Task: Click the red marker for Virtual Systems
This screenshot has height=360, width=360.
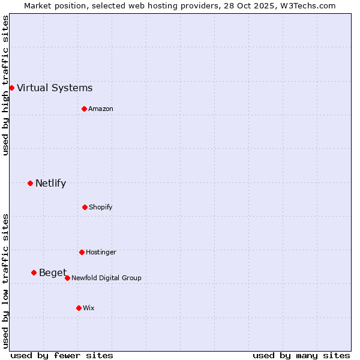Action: click(11, 88)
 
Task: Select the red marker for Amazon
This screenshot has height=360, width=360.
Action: click(84, 109)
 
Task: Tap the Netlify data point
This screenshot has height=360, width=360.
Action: click(30, 183)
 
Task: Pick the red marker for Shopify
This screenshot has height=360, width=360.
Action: click(85, 207)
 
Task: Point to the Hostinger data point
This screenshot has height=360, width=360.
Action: click(82, 252)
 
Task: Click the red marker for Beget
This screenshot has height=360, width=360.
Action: click(34, 272)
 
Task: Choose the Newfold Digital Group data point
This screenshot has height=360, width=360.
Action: click(67, 278)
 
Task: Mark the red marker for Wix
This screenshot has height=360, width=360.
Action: click(79, 308)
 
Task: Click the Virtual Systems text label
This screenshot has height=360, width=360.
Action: click(55, 88)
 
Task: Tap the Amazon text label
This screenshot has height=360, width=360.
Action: click(101, 109)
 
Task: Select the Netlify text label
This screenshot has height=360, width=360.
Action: click(50, 184)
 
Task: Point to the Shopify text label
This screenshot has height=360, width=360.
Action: click(101, 208)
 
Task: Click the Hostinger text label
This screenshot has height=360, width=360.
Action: click(101, 253)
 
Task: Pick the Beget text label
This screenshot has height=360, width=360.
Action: click(53, 273)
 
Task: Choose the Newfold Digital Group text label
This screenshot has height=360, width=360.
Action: click(106, 278)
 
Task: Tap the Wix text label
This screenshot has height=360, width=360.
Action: click(89, 308)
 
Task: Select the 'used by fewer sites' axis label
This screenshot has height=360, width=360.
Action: click(62, 355)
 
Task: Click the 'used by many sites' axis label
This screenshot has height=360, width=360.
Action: click(301, 355)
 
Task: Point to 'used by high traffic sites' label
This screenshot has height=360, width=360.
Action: click(5, 85)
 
